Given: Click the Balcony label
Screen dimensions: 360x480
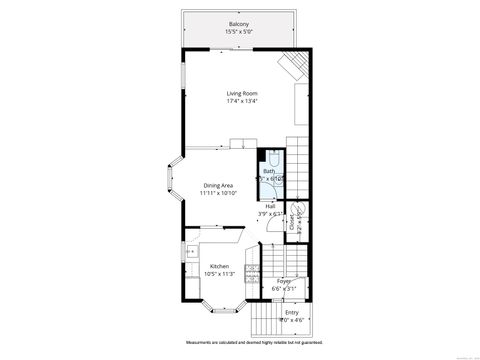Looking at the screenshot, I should click(x=238, y=24).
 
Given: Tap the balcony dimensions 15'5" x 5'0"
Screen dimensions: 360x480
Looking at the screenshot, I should click(x=238, y=32).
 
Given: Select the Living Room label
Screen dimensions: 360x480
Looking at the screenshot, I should click(x=242, y=93).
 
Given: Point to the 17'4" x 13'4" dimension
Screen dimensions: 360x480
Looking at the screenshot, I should click(x=242, y=101).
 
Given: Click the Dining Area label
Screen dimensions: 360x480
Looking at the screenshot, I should click(x=218, y=185).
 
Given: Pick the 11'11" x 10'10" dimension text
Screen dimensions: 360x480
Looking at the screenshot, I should click(x=218, y=193).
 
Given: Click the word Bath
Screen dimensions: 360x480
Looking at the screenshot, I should click(x=268, y=171).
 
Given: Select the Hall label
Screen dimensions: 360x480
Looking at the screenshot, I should click(x=270, y=206).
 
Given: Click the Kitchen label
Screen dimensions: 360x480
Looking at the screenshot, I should click(x=218, y=266).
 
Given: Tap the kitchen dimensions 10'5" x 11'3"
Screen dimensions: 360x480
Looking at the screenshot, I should click(x=218, y=274).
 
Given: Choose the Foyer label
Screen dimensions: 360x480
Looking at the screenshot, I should click(x=284, y=281).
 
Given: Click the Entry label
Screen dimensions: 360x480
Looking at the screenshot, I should click(x=291, y=313).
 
